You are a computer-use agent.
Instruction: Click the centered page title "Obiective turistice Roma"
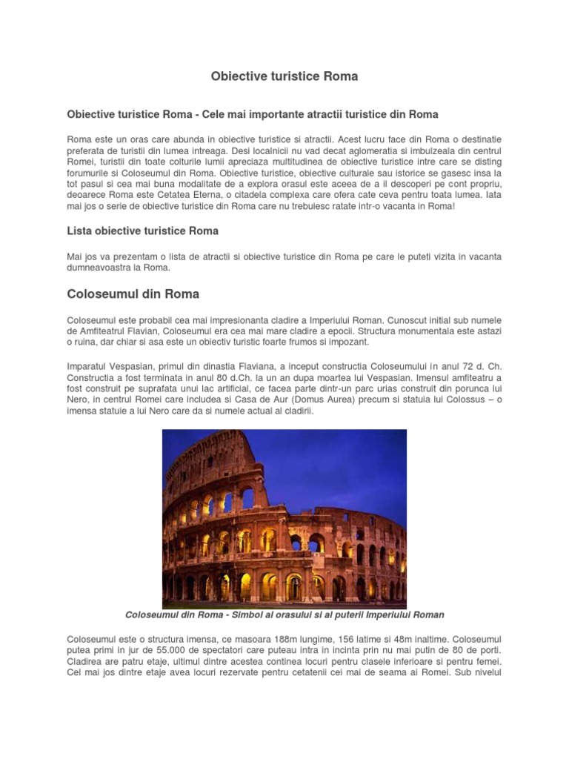pos(284,76)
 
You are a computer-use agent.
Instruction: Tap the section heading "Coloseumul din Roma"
pos(133,294)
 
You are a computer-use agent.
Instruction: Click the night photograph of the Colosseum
pos(284,519)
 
